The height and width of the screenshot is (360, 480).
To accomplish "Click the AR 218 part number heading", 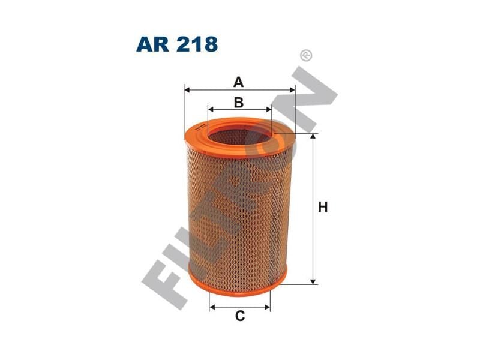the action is tap(177, 44).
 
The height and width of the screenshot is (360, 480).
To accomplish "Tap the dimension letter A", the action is tap(238, 82).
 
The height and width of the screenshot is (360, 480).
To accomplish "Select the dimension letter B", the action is tap(239, 103).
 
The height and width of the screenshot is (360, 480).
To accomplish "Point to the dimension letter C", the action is tap(240, 316).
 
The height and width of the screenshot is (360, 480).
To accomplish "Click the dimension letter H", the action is tap(323, 207).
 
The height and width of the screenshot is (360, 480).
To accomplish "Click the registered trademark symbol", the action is tap(307, 56).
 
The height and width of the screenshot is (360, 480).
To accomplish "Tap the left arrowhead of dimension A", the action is tap(187, 90).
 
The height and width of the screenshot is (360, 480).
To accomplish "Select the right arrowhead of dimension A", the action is tap(292, 90).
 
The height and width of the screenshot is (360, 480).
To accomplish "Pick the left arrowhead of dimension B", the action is tap(211, 109).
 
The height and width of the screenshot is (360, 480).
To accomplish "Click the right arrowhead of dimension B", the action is tap(269, 109).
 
